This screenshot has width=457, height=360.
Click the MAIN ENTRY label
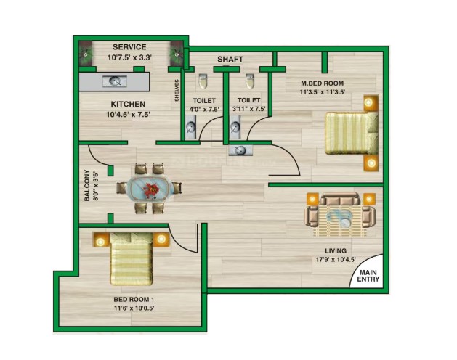(x=368, y=276)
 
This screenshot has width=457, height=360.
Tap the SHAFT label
(x=230, y=59)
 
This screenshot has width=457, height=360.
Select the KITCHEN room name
(x=128, y=104)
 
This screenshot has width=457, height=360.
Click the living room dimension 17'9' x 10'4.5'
(x=336, y=259)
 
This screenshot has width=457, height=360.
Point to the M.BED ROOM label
(x=323, y=83)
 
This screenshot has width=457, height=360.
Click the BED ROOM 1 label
(x=134, y=299)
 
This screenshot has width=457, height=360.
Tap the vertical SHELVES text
(x=177, y=90)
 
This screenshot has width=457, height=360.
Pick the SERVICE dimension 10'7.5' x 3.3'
(x=130, y=57)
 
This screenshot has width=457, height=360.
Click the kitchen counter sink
(x=115, y=81)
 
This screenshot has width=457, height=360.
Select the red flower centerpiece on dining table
(x=150, y=190)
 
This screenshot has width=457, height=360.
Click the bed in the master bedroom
(x=352, y=133)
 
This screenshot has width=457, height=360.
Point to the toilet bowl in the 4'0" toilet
(x=203, y=81)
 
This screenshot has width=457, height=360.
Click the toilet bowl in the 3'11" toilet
(x=250, y=81)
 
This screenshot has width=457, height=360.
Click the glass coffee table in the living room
(x=339, y=217)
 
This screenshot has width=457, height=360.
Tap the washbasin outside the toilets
(x=240, y=150)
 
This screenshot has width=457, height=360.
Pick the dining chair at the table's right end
(x=177, y=188)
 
